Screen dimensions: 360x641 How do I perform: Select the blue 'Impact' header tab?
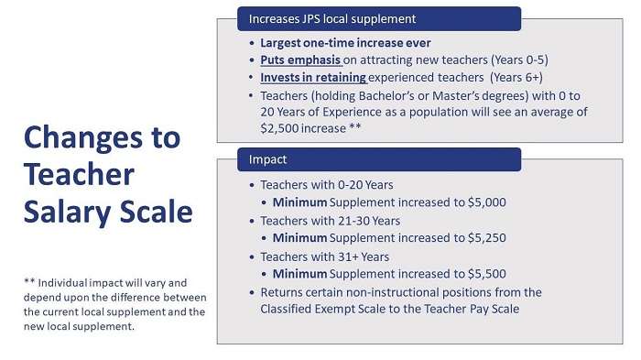(x=268, y=160)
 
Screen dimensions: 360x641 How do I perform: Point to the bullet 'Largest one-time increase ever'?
(x=345, y=43)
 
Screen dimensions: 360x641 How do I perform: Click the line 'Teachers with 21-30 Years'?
(x=330, y=221)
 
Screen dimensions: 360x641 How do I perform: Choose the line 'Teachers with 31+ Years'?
(x=324, y=256)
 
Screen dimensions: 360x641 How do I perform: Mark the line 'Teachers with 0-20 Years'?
(x=326, y=185)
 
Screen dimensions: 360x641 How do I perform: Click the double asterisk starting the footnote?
(x=28, y=281)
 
